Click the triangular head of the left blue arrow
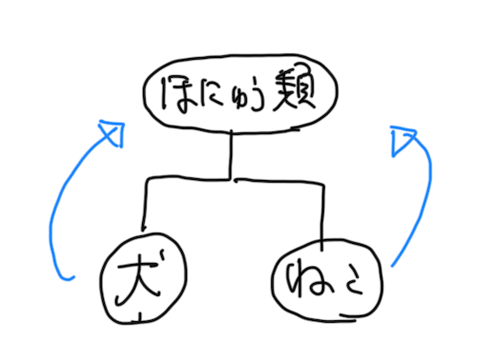point(113,133)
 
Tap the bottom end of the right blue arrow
point(392,266)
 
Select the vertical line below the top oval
point(231,155)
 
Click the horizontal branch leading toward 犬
point(188,179)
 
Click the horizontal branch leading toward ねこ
point(279,181)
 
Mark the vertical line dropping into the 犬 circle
point(145,205)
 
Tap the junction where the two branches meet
point(232,180)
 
